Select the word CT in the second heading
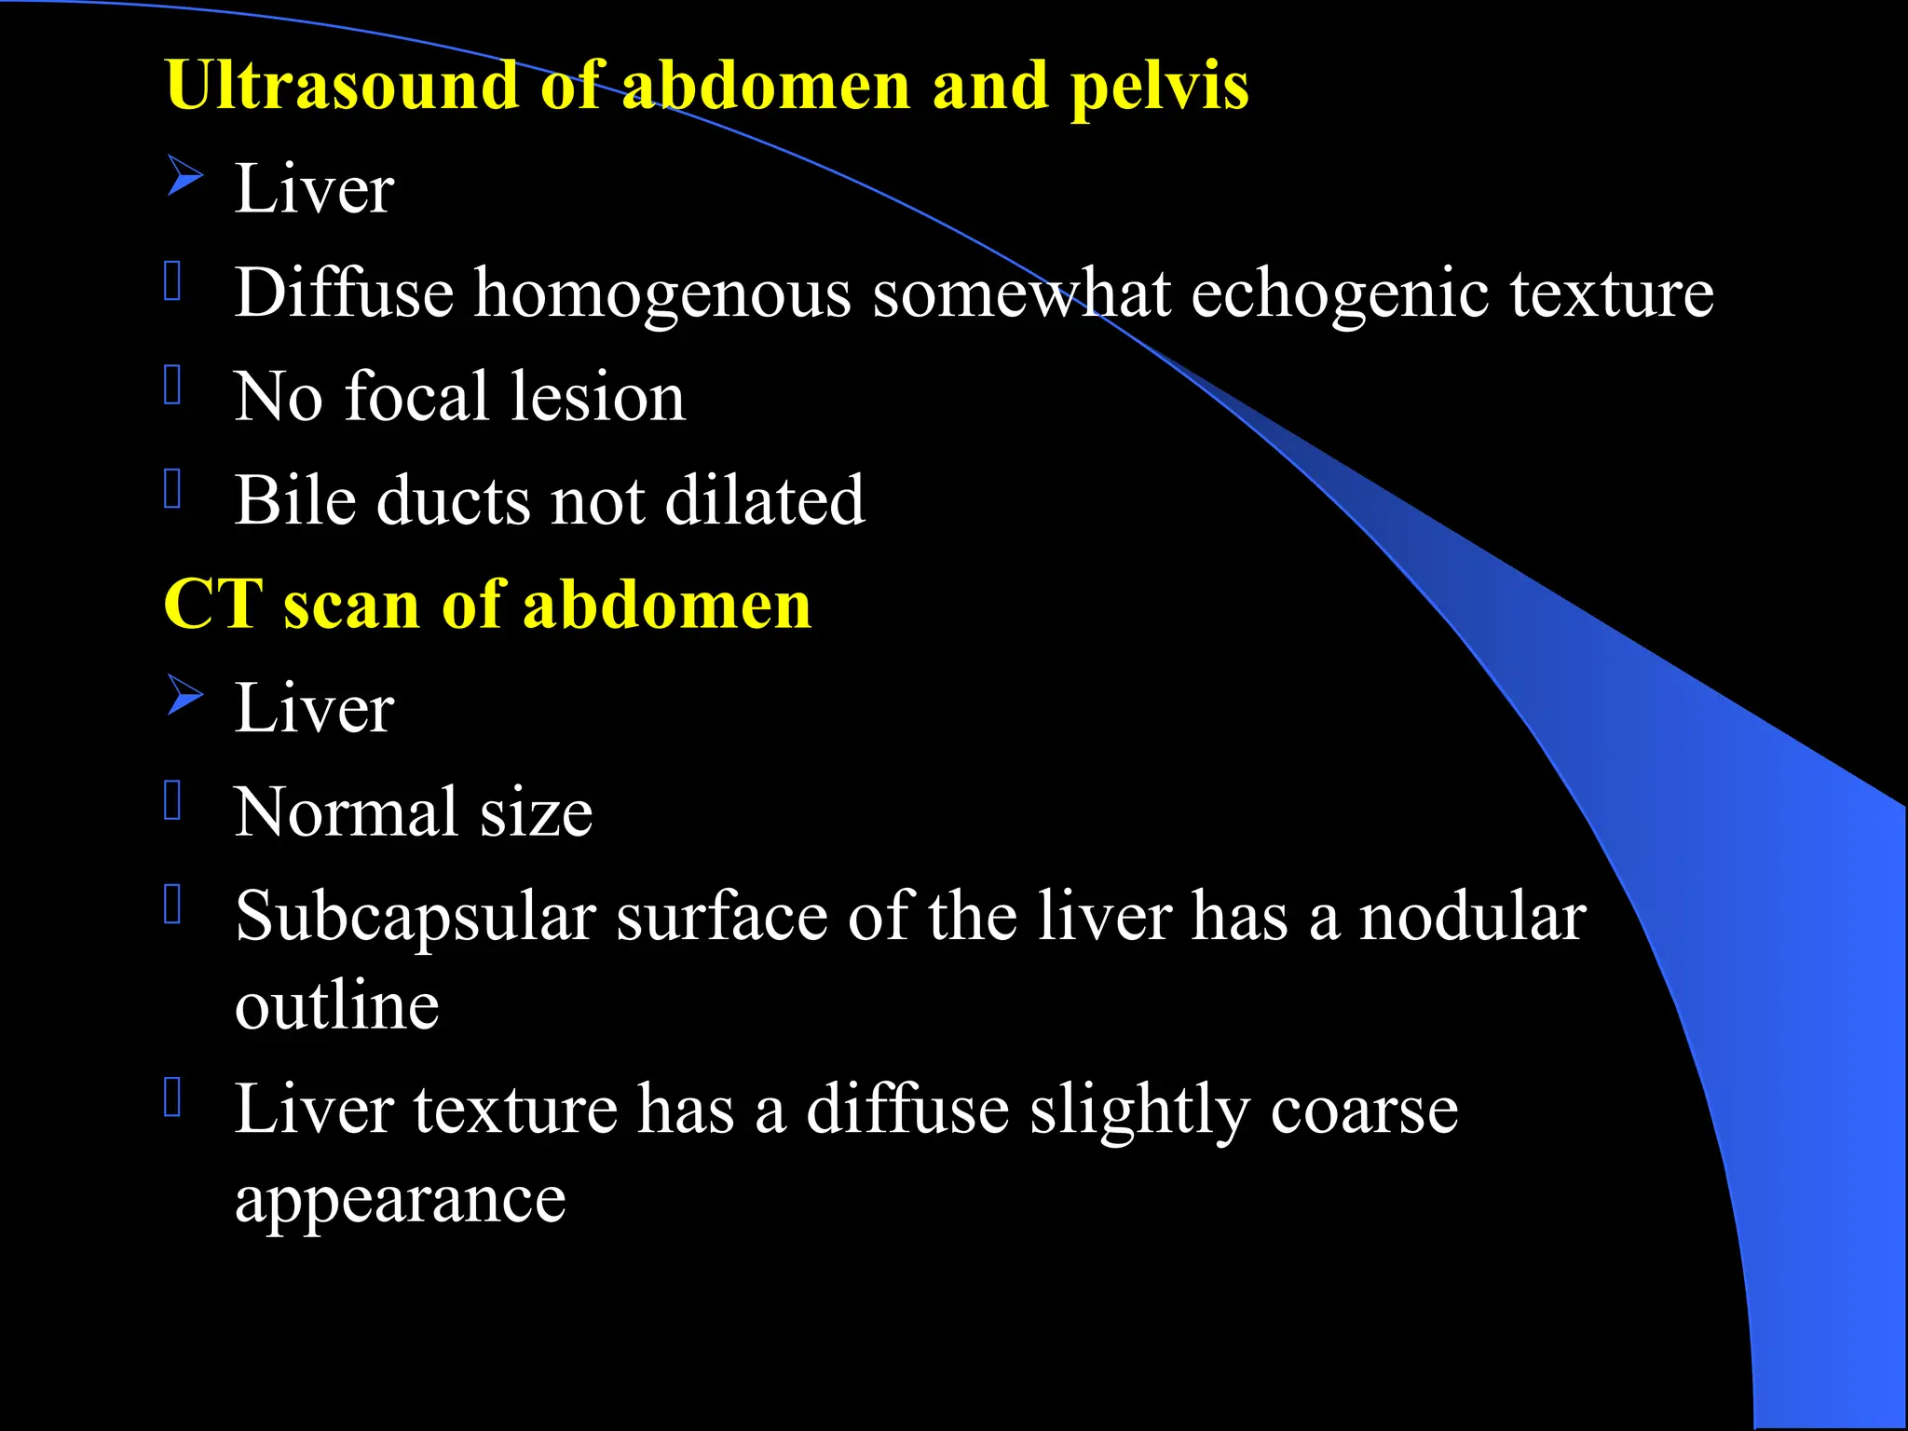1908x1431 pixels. point(212,605)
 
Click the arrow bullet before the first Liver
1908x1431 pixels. point(185,176)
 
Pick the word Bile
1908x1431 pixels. point(294,500)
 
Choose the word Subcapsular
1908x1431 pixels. point(415,919)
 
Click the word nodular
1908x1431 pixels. point(1472,917)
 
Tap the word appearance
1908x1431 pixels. point(400,1202)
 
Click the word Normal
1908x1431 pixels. point(346,812)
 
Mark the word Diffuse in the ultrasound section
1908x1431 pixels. point(344,293)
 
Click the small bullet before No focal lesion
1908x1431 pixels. point(172,384)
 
